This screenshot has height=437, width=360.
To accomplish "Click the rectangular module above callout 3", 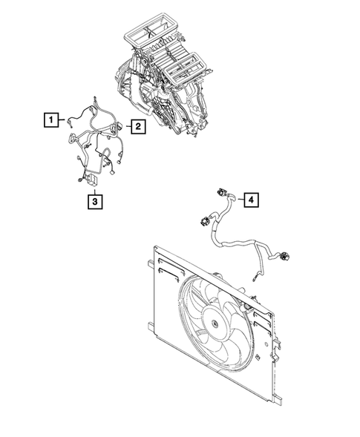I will (x=94, y=177).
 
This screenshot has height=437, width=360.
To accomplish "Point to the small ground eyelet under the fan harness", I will (x=258, y=279).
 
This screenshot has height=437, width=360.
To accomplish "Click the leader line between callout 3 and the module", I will (x=94, y=187).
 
